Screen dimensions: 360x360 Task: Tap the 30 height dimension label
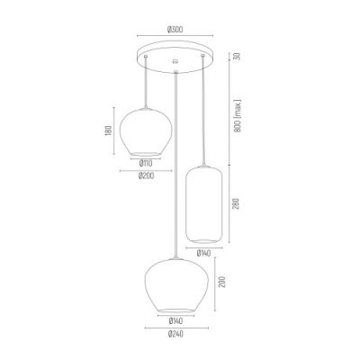[x=237, y=56]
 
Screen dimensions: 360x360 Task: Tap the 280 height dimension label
[x=238, y=205]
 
